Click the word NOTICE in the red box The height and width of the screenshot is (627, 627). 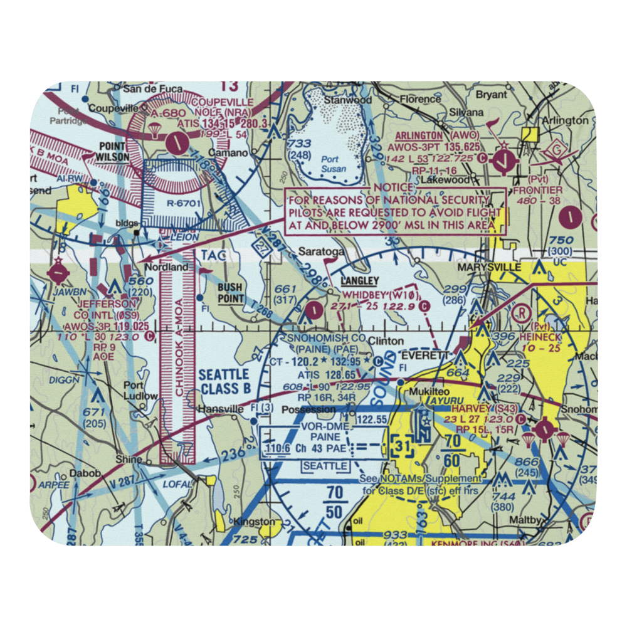pyautogui.click(x=394, y=187)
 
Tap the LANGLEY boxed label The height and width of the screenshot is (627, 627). pyautogui.click(x=359, y=282)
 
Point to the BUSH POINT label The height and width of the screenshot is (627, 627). pyautogui.click(x=230, y=293)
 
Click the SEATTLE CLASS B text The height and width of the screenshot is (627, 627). pyautogui.click(x=225, y=382)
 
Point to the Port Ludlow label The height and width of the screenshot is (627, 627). pyautogui.click(x=140, y=391)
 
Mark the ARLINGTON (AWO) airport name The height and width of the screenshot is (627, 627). pyautogui.click(x=446, y=135)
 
